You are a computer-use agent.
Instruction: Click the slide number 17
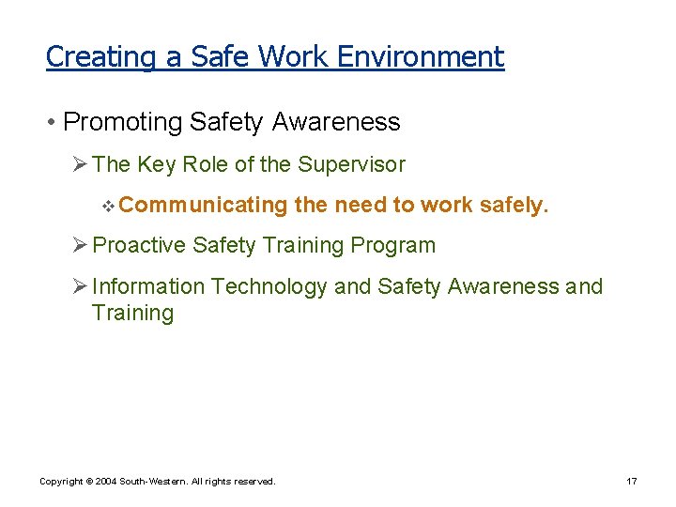click(x=632, y=482)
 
